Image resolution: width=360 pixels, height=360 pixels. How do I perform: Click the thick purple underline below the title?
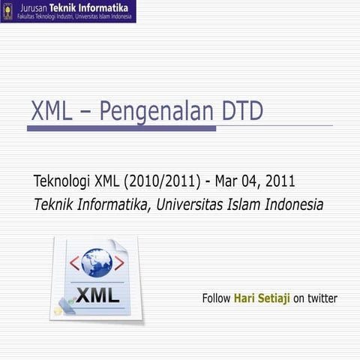120,128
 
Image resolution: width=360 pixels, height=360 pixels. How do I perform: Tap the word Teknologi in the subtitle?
62,181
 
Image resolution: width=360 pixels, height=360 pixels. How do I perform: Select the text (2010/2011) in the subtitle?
161,181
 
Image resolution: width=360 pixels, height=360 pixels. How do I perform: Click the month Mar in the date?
228,181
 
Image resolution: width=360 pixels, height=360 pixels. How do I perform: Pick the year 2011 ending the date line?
279,181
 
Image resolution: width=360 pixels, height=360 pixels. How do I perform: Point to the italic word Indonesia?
292,204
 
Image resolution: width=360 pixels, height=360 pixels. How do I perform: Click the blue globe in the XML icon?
97,263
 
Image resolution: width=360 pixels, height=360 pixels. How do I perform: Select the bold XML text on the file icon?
97,294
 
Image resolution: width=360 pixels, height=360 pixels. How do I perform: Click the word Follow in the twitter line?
216,298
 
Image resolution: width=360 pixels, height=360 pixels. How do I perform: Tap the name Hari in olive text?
245,298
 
